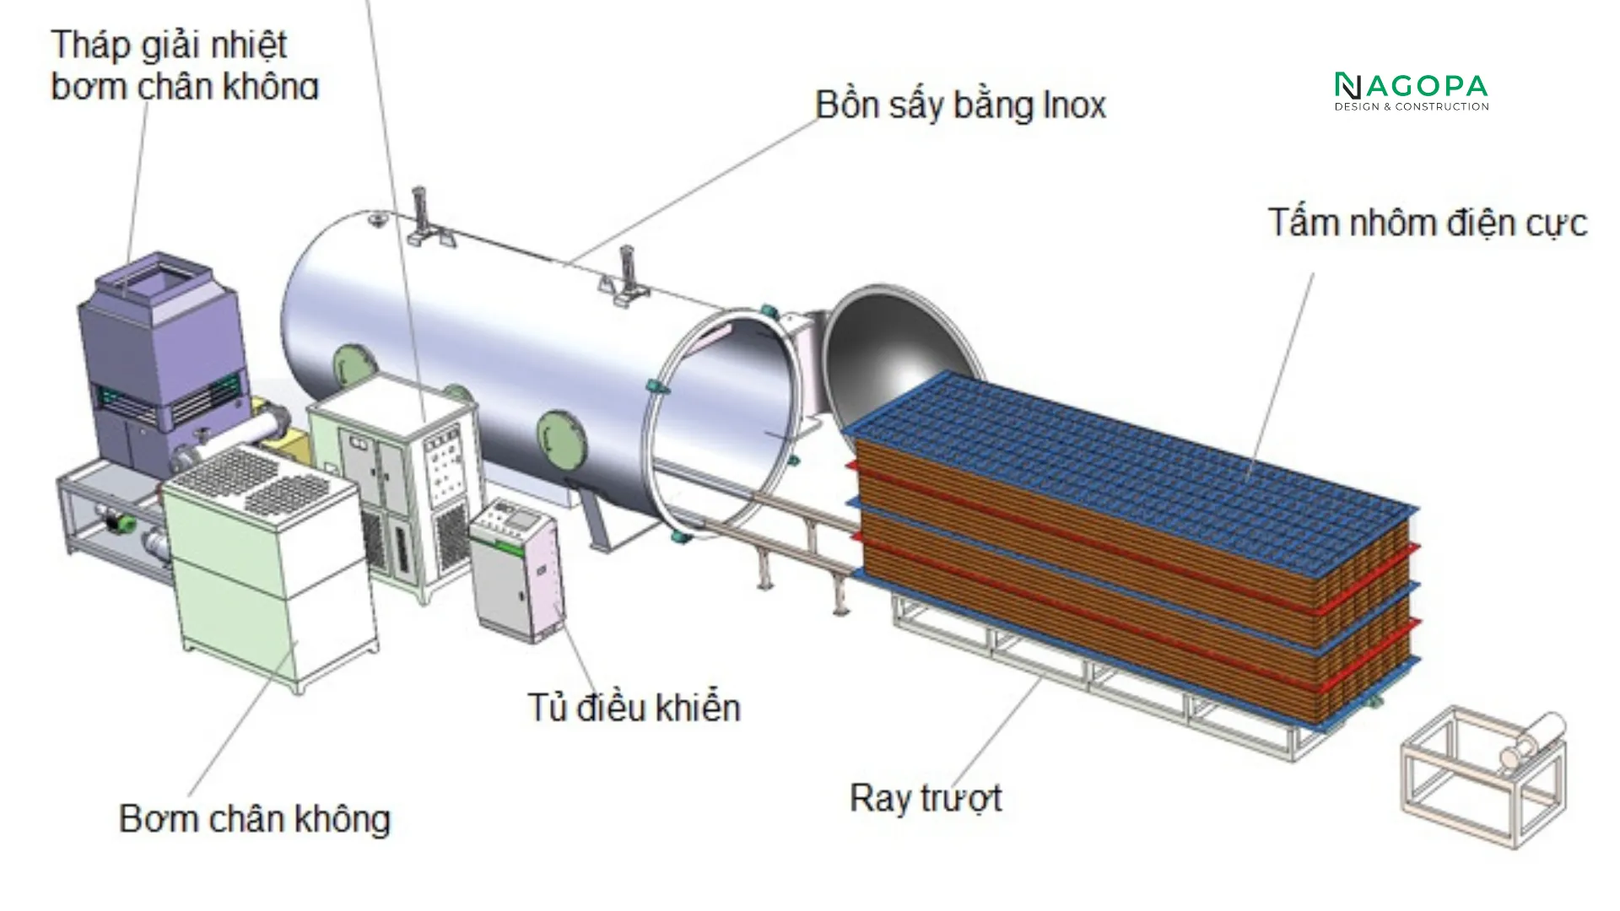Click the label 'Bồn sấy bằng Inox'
pyautogui.click(x=960, y=105)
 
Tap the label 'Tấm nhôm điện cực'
pyautogui.click(x=1427, y=224)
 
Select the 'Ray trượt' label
pyautogui.click(x=926, y=798)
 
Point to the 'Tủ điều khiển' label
pyautogui.click(x=634, y=707)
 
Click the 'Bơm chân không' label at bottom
pyautogui.click(x=255, y=819)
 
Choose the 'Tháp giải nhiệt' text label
pyautogui.click(x=169, y=44)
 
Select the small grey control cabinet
pyautogui.click(x=515, y=569)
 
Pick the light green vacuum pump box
pyautogui.click(x=270, y=574)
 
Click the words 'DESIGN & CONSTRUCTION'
pyautogui.click(x=1411, y=107)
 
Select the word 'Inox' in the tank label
pyautogui.click(x=1074, y=105)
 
